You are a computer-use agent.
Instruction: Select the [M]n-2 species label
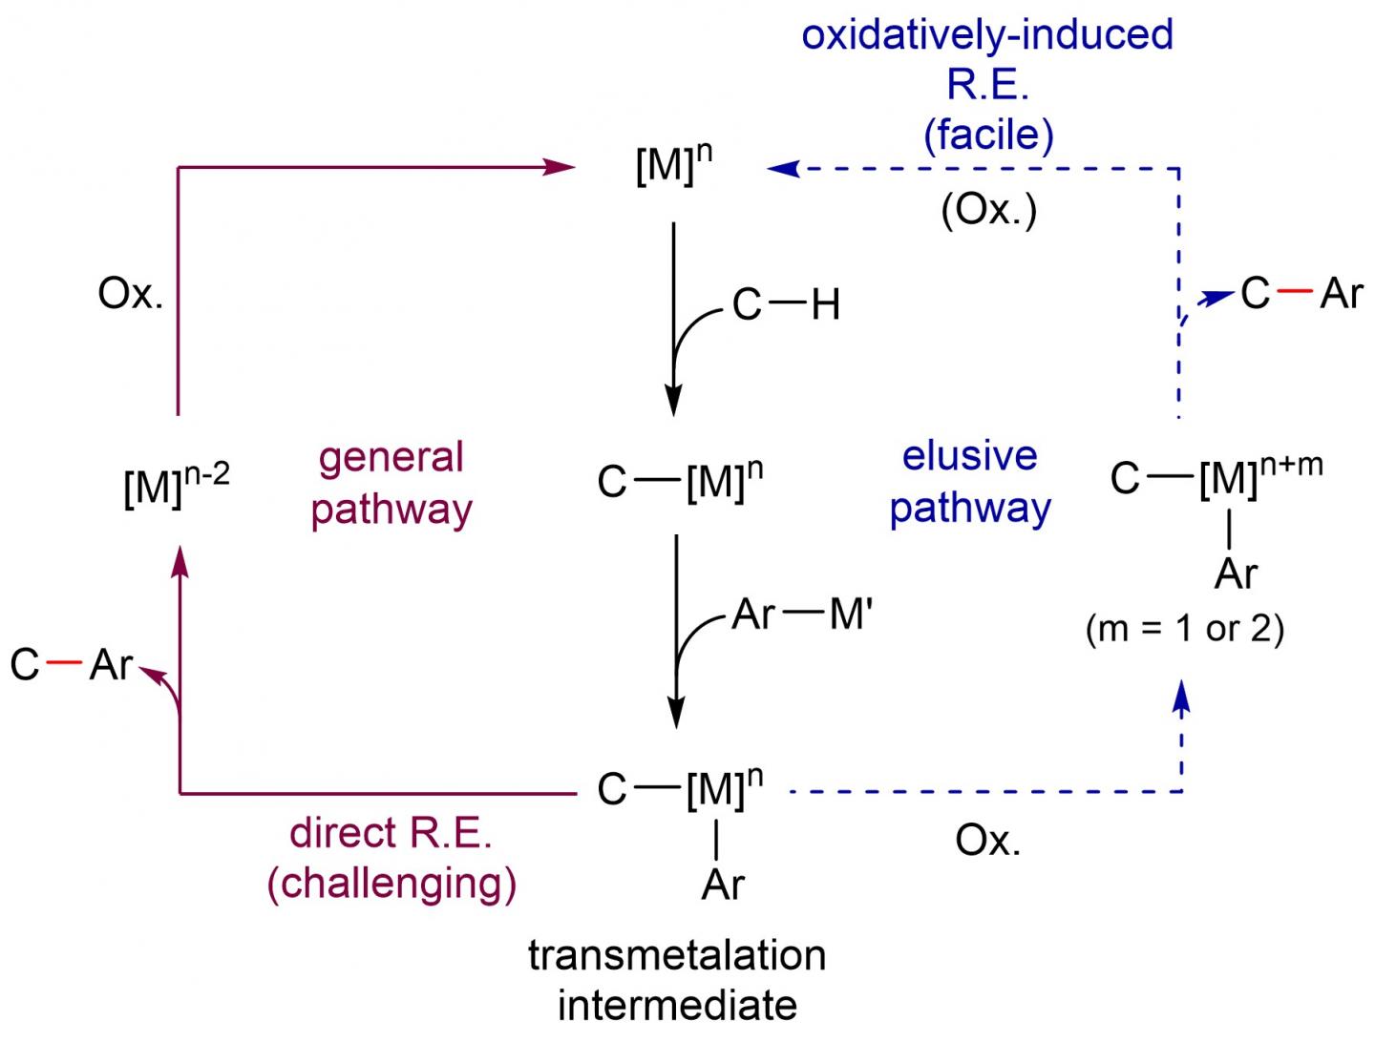coord(176,487)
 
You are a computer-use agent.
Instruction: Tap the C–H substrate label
coord(785,305)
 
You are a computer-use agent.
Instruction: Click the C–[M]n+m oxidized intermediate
coord(1216,477)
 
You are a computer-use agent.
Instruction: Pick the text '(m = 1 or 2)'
coord(1184,630)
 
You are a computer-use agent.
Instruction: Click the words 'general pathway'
coord(391,483)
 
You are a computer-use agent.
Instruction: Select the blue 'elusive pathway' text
coord(969,482)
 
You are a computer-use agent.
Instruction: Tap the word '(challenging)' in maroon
coord(391,883)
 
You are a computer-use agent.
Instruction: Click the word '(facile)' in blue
coord(988,135)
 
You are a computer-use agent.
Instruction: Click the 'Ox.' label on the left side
coord(131,294)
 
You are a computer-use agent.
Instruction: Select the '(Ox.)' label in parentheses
coord(988,210)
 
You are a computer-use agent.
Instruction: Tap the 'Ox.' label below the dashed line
coord(987,841)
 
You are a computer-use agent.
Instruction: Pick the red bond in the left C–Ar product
coord(63,663)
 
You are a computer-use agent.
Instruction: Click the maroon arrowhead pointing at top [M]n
coord(559,168)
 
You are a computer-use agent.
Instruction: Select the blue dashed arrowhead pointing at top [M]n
coord(783,169)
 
